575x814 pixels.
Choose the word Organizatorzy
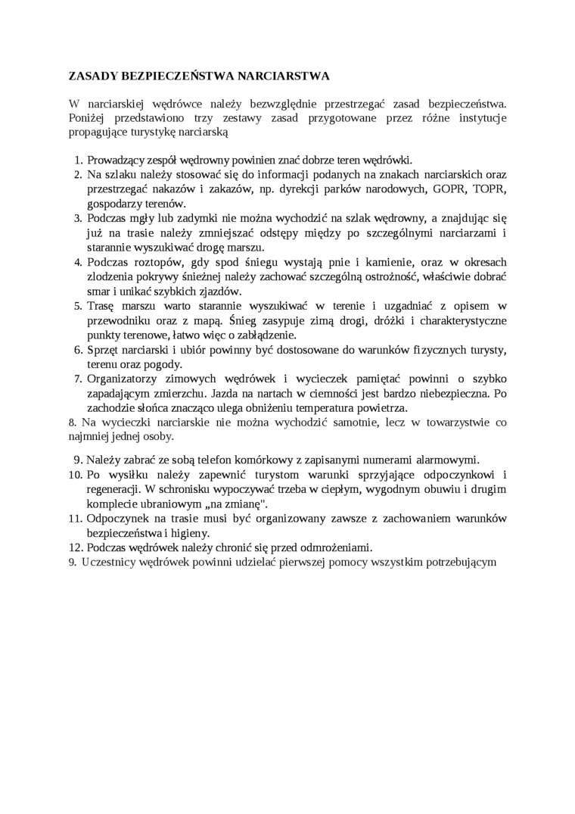[x=126, y=378]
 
